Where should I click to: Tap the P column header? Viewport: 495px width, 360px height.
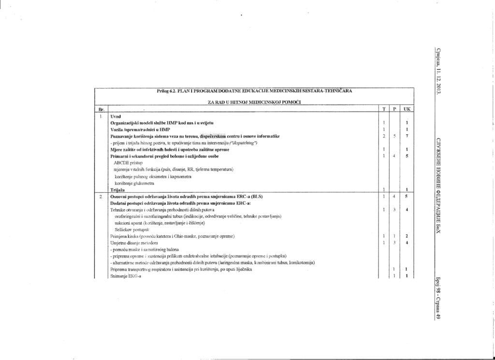pyautogui.click(x=394, y=110)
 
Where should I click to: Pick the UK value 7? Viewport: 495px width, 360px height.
pyautogui.click(x=407, y=137)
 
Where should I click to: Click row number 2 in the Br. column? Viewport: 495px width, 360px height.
pyautogui.click(x=101, y=197)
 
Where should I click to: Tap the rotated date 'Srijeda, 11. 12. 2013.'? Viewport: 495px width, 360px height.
pyautogui.click(x=438, y=72)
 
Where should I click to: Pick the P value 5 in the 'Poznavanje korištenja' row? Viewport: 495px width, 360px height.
pyautogui.click(x=394, y=137)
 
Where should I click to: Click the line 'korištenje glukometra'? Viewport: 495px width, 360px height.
pyautogui.click(x=134, y=184)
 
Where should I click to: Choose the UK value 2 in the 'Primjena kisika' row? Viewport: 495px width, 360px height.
pyautogui.click(x=407, y=236)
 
